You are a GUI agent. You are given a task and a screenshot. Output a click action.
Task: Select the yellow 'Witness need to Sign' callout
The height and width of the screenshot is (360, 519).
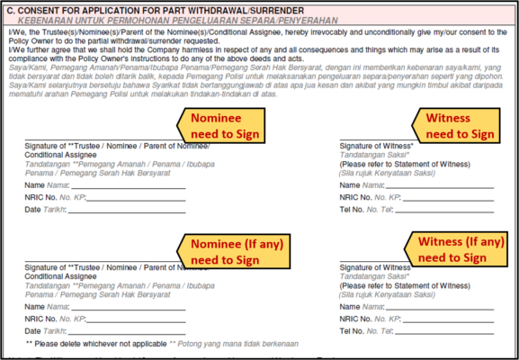[x=459, y=125]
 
